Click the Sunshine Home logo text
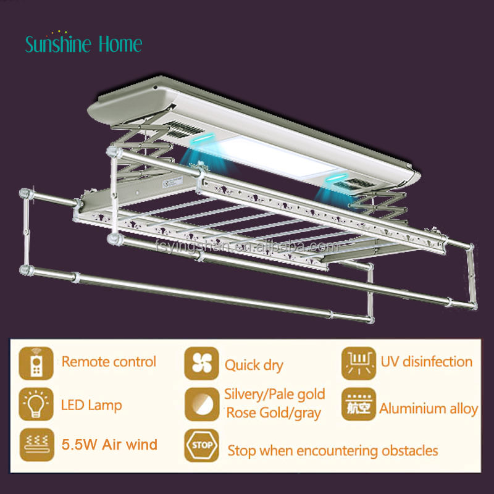pyautogui.click(x=83, y=43)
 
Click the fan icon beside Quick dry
pyautogui.click(x=202, y=364)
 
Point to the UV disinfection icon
pyautogui.click(x=359, y=364)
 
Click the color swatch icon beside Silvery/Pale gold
pyautogui.click(x=202, y=405)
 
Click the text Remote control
pyautogui.click(x=109, y=362)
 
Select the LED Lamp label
pyautogui.click(x=91, y=406)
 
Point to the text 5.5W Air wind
pyautogui.click(x=109, y=444)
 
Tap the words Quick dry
pyautogui.click(x=254, y=365)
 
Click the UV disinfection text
pyautogui.click(x=427, y=362)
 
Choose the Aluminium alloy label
pyautogui.click(x=429, y=408)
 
